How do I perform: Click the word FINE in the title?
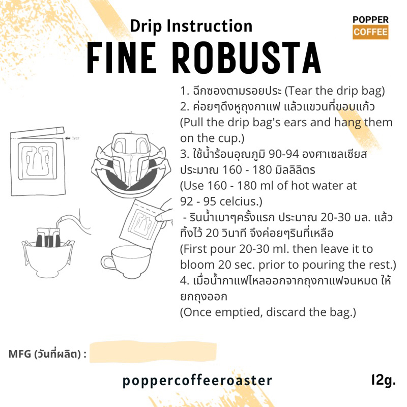(x=122, y=57)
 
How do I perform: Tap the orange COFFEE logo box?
(x=370, y=32)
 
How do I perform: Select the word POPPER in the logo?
(x=370, y=20)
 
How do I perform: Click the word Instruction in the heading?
(x=210, y=26)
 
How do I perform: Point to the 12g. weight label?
(x=384, y=381)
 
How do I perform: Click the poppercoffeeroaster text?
(x=197, y=381)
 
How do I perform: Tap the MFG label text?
(x=47, y=354)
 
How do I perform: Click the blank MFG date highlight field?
(x=153, y=352)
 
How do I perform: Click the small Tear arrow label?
(x=72, y=138)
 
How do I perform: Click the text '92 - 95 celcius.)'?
(x=221, y=201)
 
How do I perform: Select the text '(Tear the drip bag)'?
(x=335, y=91)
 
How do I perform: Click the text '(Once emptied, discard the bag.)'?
(x=268, y=312)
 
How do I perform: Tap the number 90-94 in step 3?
(x=284, y=154)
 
